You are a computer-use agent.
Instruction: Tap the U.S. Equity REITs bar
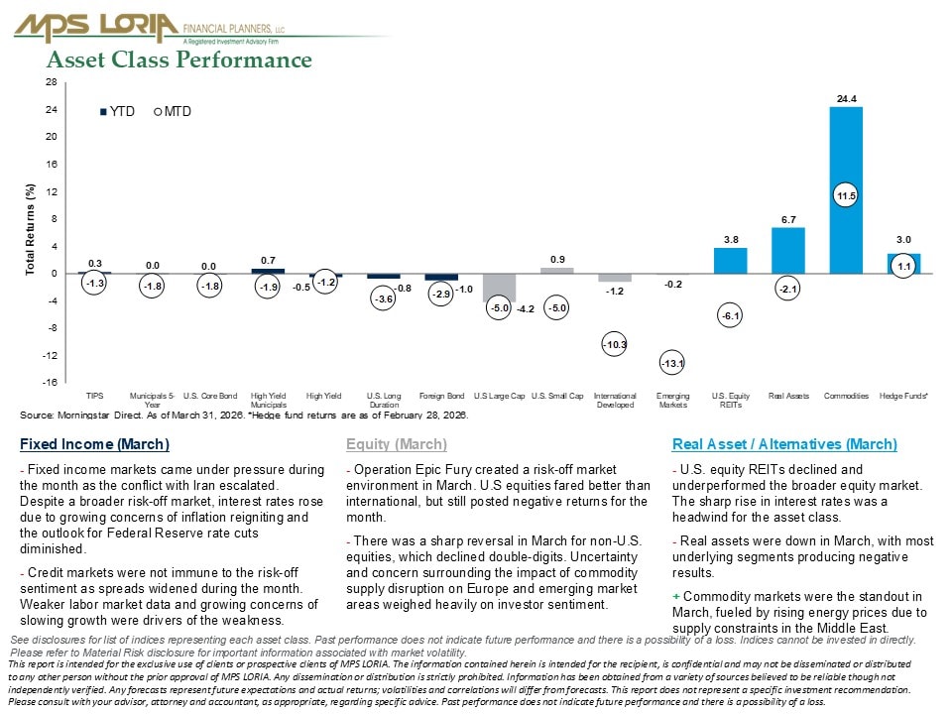(x=730, y=261)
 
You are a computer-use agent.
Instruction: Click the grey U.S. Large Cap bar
(x=500, y=288)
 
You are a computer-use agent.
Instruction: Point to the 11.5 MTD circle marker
(x=846, y=196)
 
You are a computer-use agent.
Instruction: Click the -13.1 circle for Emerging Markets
(x=672, y=364)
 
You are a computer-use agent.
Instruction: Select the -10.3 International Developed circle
(x=615, y=344)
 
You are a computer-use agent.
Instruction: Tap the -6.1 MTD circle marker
(x=731, y=315)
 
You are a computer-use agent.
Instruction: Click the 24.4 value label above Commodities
(x=846, y=98)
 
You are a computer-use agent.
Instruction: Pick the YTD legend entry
(x=118, y=112)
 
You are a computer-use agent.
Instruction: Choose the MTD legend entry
(x=173, y=112)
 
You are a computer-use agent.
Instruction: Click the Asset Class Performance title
(x=179, y=60)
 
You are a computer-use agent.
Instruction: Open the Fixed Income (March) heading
(x=94, y=444)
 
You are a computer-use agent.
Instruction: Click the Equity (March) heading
(x=397, y=444)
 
